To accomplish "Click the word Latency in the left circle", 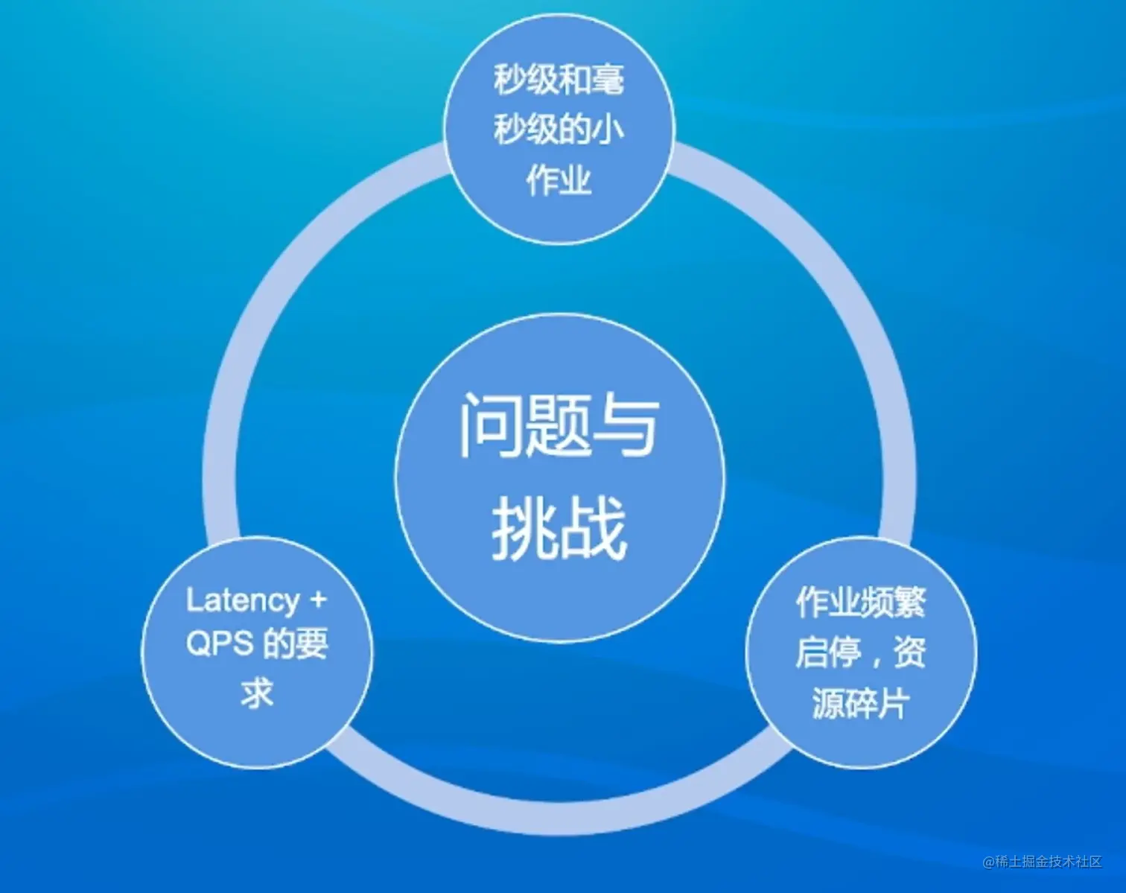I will (x=242, y=600).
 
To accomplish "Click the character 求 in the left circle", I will (x=257, y=692).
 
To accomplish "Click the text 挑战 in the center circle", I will (x=559, y=527).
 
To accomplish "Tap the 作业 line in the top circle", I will (x=559, y=179).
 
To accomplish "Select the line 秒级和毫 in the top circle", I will (x=559, y=80).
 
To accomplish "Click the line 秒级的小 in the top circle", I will (x=559, y=130).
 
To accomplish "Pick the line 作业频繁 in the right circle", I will (x=861, y=602).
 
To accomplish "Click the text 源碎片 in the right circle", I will (x=861, y=703).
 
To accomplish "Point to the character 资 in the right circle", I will (x=909, y=652).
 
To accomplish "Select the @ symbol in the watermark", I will (x=989, y=862).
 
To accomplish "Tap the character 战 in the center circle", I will (x=594, y=527).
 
